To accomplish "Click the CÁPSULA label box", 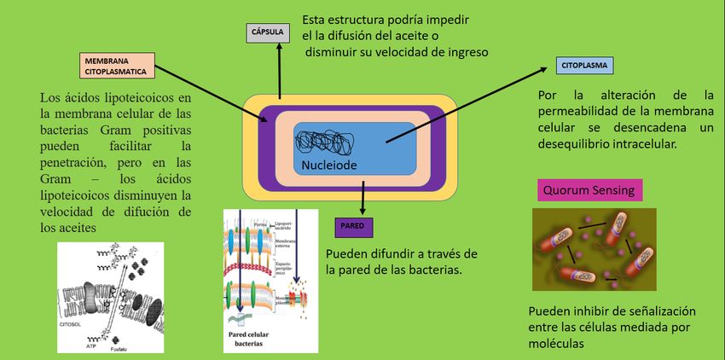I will point(266,33).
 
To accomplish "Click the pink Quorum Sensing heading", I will point(589,189).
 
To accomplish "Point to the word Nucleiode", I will point(329,165).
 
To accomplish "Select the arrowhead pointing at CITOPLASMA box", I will point(547,69).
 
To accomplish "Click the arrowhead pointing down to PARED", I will point(364,211).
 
